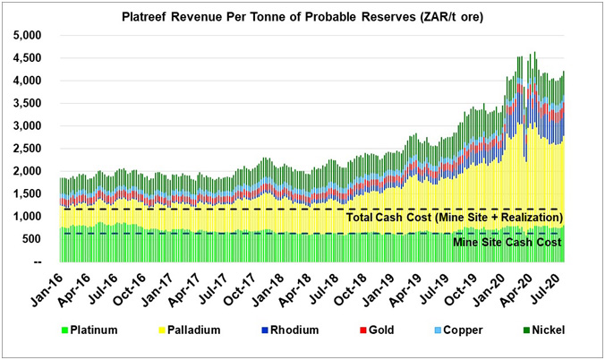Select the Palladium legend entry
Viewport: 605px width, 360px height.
[206, 330]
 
